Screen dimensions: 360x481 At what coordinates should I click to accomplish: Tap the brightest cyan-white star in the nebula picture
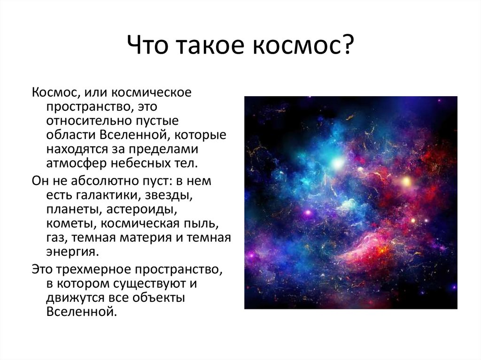(337, 163)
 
